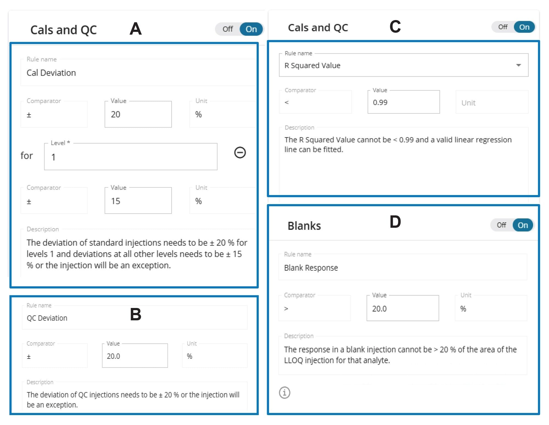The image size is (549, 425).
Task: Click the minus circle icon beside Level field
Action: [x=240, y=152]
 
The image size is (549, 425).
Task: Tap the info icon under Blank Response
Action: [x=285, y=393]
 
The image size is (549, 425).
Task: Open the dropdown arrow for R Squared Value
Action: [x=518, y=65]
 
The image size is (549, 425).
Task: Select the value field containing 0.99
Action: [x=403, y=102]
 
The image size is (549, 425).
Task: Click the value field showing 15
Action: [x=138, y=201]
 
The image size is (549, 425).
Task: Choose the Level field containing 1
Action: [x=131, y=157]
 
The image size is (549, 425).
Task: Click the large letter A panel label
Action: [x=136, y=29]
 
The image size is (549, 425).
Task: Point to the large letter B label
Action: [x=136, y=314]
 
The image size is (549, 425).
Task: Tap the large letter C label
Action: [x=395, y=27]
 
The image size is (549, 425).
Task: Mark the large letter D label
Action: [x=395, y=222]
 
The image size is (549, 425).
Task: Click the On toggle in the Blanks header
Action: [x=523, y=225]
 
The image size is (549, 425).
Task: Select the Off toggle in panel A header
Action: [x=228, y=29]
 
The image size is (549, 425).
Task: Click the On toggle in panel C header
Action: [x=524, y=27]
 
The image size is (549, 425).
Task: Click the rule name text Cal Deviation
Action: [x=51, y=73]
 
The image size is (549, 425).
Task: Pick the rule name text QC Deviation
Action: [x=47, y=318]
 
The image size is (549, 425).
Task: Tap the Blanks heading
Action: [x=304, y=226]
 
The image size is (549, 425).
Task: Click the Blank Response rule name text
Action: [x=311, y=268]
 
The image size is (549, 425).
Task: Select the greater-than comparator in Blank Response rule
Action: [x=286, y=309]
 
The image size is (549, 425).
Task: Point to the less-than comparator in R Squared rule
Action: [x=287, y=102]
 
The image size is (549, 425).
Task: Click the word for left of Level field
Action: [x=27, y=156]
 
